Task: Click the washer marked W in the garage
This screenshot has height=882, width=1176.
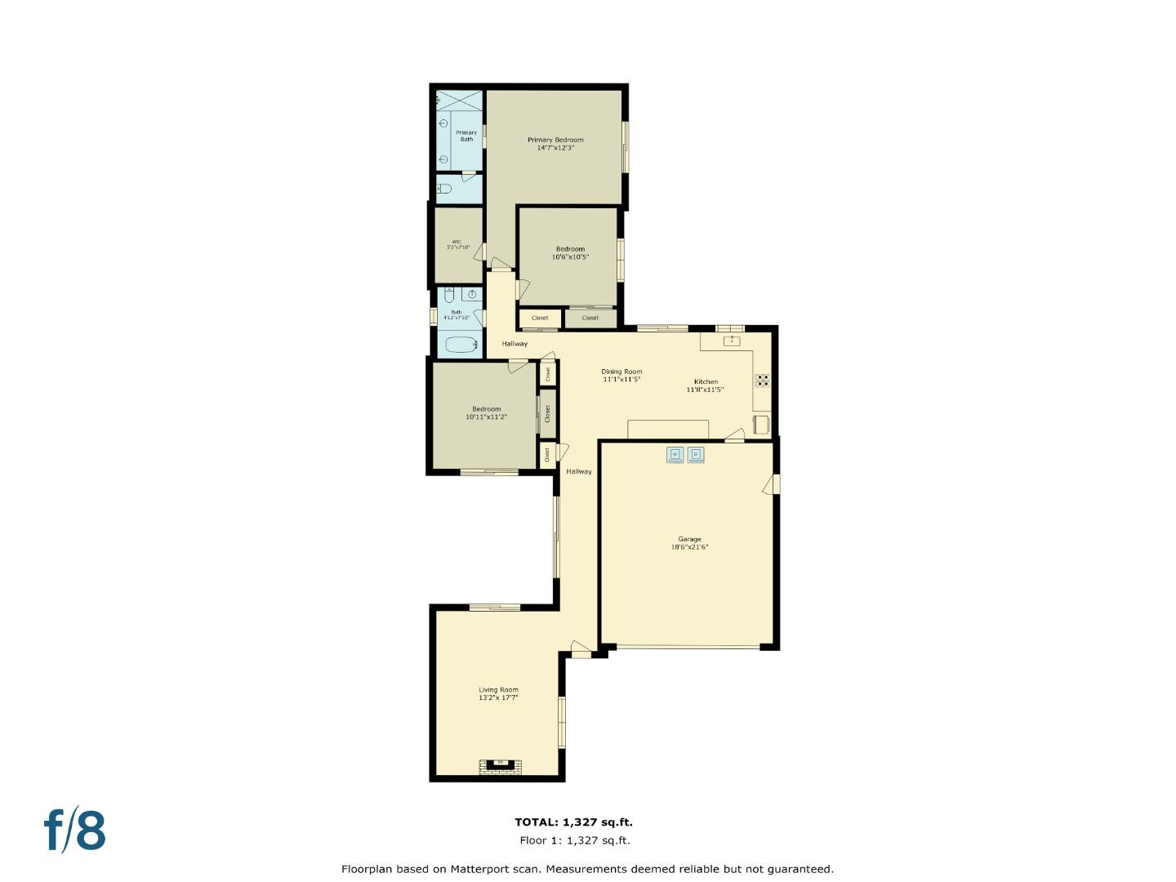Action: [x=675, y=455]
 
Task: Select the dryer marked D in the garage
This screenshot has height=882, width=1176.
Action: [x=696, y=455]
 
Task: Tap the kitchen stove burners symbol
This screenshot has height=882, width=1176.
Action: [x=762, y=380]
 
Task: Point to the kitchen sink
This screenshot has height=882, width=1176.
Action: [x=732, y=341]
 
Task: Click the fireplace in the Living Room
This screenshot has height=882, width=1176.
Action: [x=499, y=765]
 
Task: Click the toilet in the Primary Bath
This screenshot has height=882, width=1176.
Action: [x=443, y=189]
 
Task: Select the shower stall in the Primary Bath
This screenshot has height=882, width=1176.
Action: [x=459, y=100]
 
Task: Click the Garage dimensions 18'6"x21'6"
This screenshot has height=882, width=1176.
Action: [x=689, y=547]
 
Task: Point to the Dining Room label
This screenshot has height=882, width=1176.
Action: [x=621, y=372]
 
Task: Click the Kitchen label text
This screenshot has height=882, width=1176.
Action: [x=706, y=381]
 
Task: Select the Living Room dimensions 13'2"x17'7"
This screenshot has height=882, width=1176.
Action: [x=498, y=698]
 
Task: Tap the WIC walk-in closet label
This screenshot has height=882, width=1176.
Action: [x=457, y=242]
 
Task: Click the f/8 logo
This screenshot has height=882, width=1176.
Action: [x=75, y=831]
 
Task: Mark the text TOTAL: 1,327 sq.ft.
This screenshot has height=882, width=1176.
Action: [x=573, y=822]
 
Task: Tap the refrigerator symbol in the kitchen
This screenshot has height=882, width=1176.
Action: [x=760, y=424]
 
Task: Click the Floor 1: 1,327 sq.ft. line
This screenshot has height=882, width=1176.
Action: [x=574, y=840]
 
